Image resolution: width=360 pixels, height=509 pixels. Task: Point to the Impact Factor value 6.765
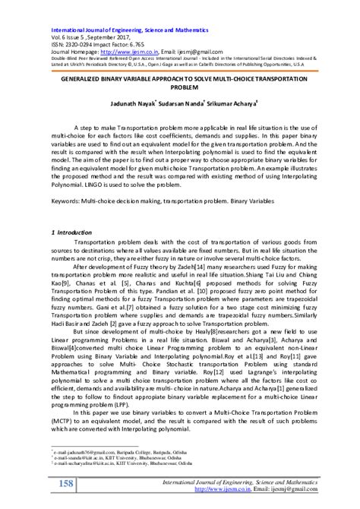[136, 29]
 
